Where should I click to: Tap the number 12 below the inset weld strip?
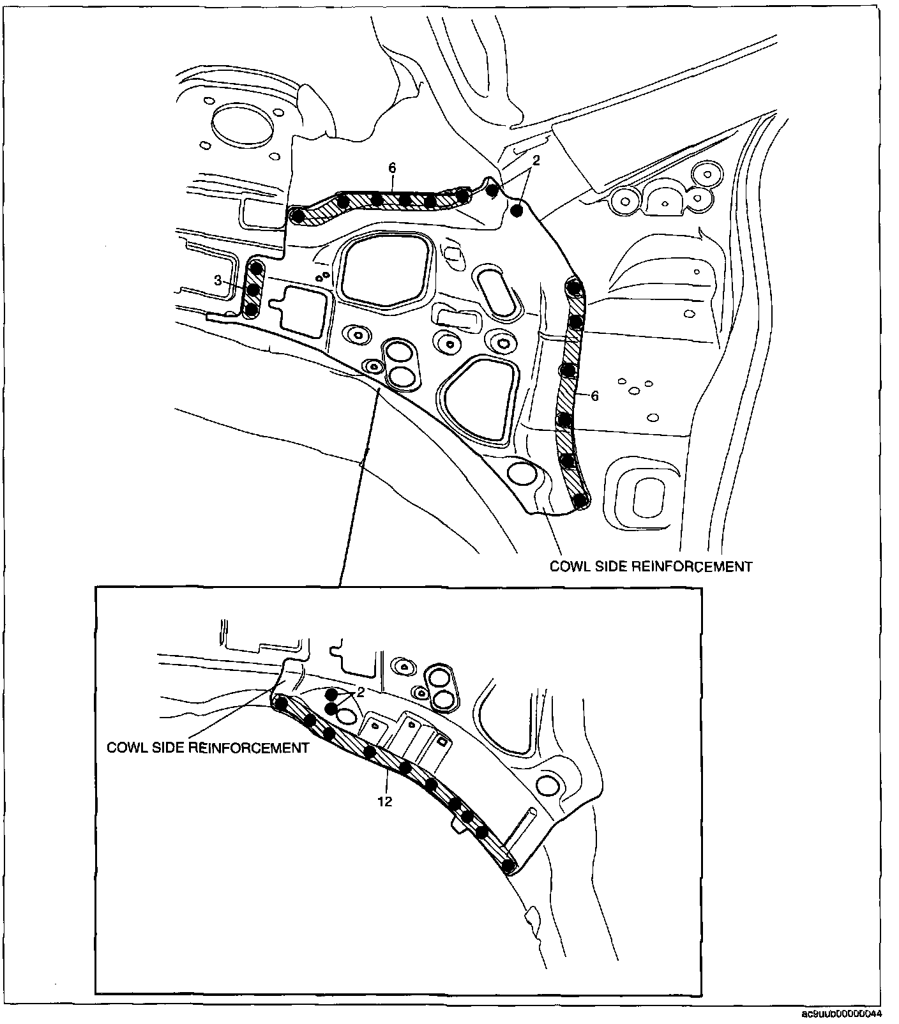tap(384, 801)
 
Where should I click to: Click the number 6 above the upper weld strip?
tap(392, 168)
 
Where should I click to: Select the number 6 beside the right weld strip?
tap(594, 396)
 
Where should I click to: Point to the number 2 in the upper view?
tap(536, 161)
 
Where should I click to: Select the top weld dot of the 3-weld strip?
tap(256, 267)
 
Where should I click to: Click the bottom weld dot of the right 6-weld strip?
tap(580, 501)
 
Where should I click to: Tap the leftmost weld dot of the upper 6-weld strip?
tap(297, 216)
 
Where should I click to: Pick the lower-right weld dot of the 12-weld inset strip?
tap(508, 866)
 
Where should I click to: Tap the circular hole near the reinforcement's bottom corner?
tap(522, 474)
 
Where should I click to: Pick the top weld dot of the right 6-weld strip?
tap(574, 287)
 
